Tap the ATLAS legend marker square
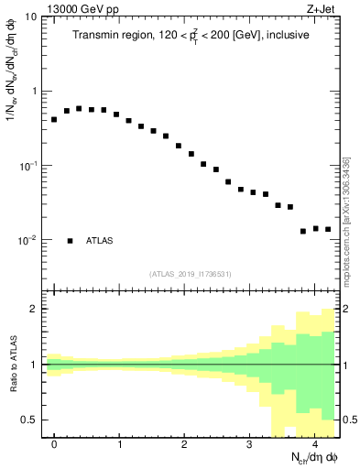point(70,241)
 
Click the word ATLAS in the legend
point(100,241)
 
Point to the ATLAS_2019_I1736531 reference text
point(191,274)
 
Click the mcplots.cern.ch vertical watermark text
point(346,219)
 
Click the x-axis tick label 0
point(54,444)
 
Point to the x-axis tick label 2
point(184,444)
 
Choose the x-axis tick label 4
point(314,444)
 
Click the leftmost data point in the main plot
point(54,119)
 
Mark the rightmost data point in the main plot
point(327,229)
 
